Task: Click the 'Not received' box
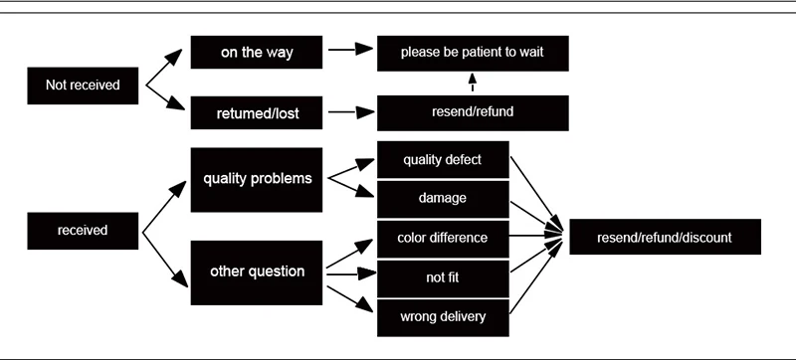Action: (83, 86)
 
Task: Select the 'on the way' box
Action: (257, 53)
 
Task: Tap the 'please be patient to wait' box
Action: (473, 54)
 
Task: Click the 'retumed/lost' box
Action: (257, 112)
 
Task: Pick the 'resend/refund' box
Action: (473, 113)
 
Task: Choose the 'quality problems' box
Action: (257, 180)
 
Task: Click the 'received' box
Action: (83, 231)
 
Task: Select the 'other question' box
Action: (257, 272)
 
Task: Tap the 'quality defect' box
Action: (443, 160)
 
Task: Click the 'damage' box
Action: (443, 199)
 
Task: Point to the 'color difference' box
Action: (443, 239)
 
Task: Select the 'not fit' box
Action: (443, 278)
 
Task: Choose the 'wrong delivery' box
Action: (443, 318)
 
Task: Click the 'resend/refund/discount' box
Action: (665, 237)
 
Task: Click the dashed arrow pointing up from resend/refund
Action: (473, 83)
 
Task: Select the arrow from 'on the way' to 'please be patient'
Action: (351, 49)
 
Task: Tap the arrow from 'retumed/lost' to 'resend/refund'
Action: (351, 112)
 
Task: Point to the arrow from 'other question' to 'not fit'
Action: (351, 274)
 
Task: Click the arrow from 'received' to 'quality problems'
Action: (164, 207)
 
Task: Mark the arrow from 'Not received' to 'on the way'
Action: (163, 67)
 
